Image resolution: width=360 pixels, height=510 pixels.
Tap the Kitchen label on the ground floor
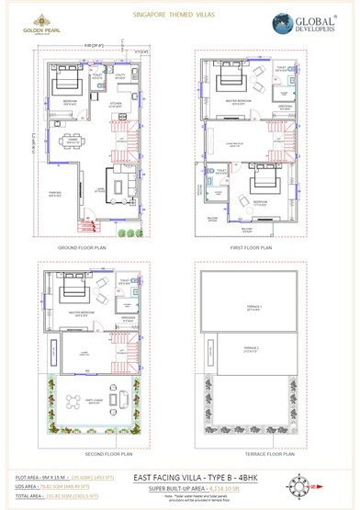click(117, 105)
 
